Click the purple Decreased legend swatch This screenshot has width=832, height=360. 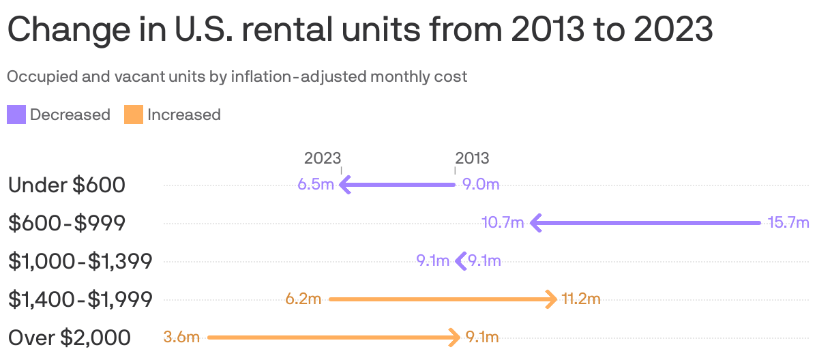pyautogui.click(x=16, y=115)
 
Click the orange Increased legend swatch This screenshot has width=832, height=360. pyautogui.click(x=134, y=115)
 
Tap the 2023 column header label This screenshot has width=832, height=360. pyautogui.click(x=322, y=158)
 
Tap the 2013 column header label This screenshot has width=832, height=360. pyautogui.click(x=472, y=158)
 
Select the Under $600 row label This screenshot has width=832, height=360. pyautogui.click(x=66, y=185)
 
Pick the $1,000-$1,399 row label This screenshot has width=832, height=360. pyautogui.click(x=80, y=261)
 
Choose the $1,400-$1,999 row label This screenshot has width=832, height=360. pyautogui.click(x=80, y=299)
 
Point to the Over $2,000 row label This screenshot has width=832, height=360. pyautogui.click(x=69, y=337)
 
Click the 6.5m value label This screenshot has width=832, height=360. pyautogui.click(x=316, y=185)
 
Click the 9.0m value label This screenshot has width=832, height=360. pyautogui.click(x=481, y=185)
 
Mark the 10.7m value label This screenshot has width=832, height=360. pyautogui.click(x=502, y=223)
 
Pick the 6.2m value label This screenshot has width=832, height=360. pyautogui.click(x=303, y=299)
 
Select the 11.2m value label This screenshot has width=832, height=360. pyautogui.click(x=581, y=299)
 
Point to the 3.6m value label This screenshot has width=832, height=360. pyautogui.click(x=182, y=337)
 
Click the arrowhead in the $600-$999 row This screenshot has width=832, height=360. pyautogui.click(x=535, y=223)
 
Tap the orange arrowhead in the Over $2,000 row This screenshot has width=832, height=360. pyautogui.click(x=455, y=337)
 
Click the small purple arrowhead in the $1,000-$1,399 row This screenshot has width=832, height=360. pyautogui.click(x=460, y=261)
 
